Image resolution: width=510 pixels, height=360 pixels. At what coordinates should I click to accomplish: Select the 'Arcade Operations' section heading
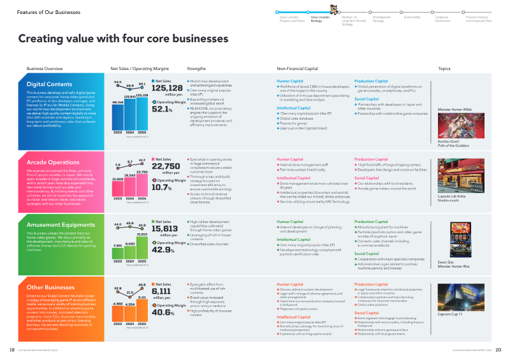click(x=52, y=146)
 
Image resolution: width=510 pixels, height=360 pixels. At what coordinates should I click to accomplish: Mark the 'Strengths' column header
click(x=196, y=68)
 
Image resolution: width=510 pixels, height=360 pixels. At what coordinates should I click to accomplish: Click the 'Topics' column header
click(x=444, y=68)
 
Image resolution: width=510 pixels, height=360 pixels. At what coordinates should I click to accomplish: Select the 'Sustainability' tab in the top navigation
click(x=412, y=17)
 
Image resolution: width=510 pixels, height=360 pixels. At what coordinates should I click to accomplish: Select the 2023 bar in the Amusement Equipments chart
click(x=118, y=256)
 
